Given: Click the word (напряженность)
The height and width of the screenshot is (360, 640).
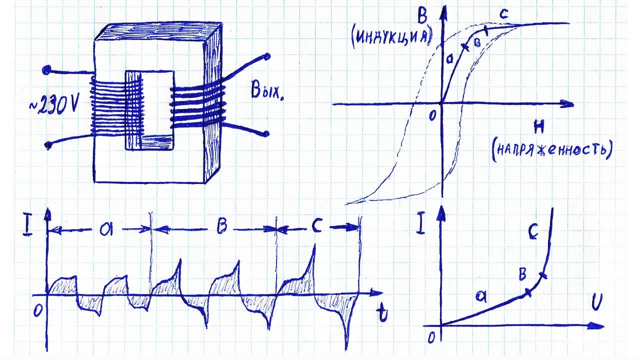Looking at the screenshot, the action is [551, 150].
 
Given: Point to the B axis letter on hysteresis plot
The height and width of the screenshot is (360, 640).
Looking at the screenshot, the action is [422, 15].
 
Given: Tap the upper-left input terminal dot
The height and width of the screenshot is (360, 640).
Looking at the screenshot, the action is [46, 70].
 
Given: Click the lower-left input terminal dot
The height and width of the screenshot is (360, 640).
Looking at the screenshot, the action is [48, 145].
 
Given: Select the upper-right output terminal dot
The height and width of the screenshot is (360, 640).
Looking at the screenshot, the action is [267, 56].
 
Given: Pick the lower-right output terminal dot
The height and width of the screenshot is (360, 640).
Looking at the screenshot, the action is [266, 133].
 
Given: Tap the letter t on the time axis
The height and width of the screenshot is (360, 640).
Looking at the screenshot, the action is [383, 312].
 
